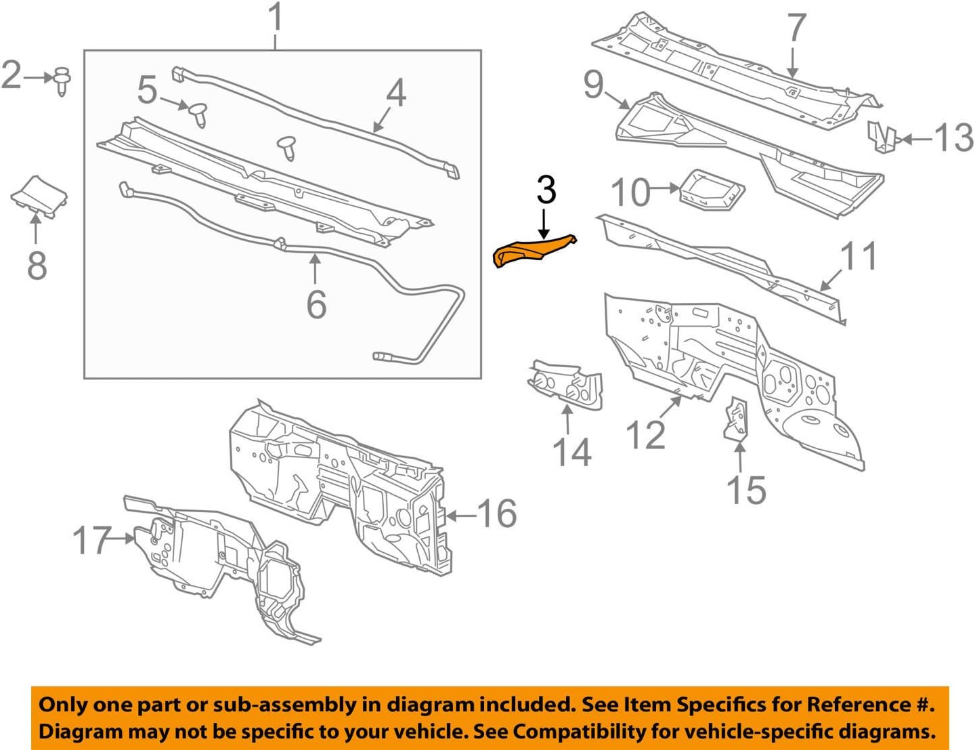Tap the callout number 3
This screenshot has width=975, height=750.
click(546, 190)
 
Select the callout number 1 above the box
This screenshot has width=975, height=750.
click(275, 18)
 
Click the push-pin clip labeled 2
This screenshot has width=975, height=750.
click(62, 80)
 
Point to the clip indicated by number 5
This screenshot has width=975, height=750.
click(197, 113)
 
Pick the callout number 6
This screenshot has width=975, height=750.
click(316, 304)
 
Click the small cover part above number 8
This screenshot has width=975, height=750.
click(39, 196)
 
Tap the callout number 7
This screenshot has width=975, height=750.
click(796, 29)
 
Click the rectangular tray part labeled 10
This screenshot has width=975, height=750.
click(712, 190)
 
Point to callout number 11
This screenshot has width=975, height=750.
click(859, 256)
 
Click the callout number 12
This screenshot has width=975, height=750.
click(645, 434)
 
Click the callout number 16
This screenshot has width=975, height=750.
click(498, 514)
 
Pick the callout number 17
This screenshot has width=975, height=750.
click(92, 540)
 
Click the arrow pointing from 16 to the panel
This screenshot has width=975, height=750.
click(460, 516)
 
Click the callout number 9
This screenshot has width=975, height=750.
click(593, 85)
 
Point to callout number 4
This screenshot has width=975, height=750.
click(395, 93)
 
